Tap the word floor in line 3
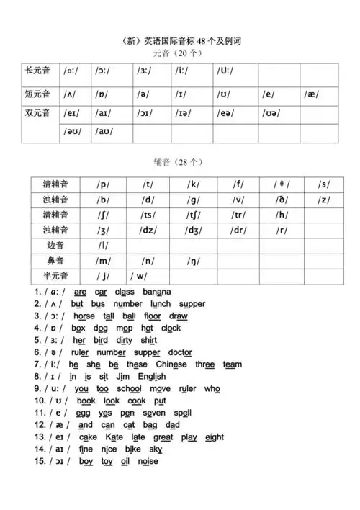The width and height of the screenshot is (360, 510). point(152,316)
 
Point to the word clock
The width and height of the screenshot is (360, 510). point(171,328)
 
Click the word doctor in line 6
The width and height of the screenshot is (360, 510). point(180,352)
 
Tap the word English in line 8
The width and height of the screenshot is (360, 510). point(151,376)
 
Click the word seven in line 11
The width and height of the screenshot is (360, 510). point(154,413)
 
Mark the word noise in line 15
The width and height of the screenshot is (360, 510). point(148,461)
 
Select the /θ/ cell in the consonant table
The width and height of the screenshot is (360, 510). point(282,184)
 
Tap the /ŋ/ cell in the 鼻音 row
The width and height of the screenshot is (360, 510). point(192,261)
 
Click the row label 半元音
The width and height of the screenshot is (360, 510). point(56,276)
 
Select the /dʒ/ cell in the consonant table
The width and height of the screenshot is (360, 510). point(192,230)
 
